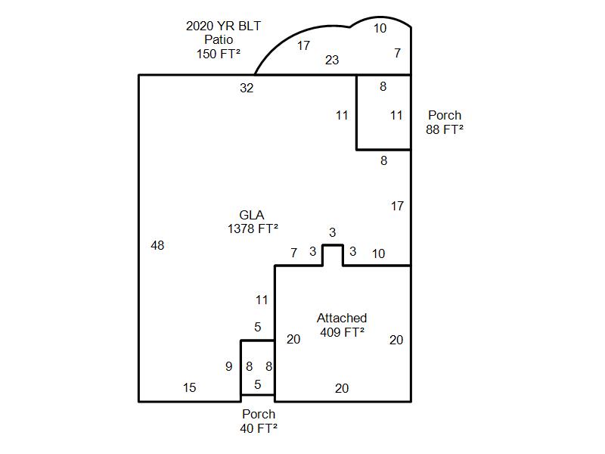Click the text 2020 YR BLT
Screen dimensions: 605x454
(223, 26)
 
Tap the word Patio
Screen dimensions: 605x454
(219, 39)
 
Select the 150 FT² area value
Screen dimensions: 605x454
(219, 54)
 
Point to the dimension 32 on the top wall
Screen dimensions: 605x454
(247, 88)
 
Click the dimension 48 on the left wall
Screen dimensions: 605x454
(157, 245)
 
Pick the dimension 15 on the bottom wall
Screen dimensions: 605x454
(190, 387)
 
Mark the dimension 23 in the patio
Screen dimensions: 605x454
(332, 60)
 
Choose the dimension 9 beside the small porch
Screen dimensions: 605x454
(229, 366)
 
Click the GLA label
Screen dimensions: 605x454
(252, 215)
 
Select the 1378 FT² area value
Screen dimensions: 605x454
(253, 229)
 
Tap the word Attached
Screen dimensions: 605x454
(342, 318)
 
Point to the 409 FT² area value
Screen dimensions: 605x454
(343, 332)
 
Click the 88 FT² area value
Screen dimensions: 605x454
(445, 129)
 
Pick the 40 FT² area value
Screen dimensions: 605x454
(259, 428)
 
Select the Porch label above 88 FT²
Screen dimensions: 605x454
(445, 115)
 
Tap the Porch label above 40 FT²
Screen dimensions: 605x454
(259, 414)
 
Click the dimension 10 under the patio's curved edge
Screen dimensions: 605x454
(380, 28)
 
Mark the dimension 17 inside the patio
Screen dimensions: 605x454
(303, 45)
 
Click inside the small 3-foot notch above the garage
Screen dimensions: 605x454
(333, 255)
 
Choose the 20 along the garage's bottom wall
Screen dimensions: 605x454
(342, 388)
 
